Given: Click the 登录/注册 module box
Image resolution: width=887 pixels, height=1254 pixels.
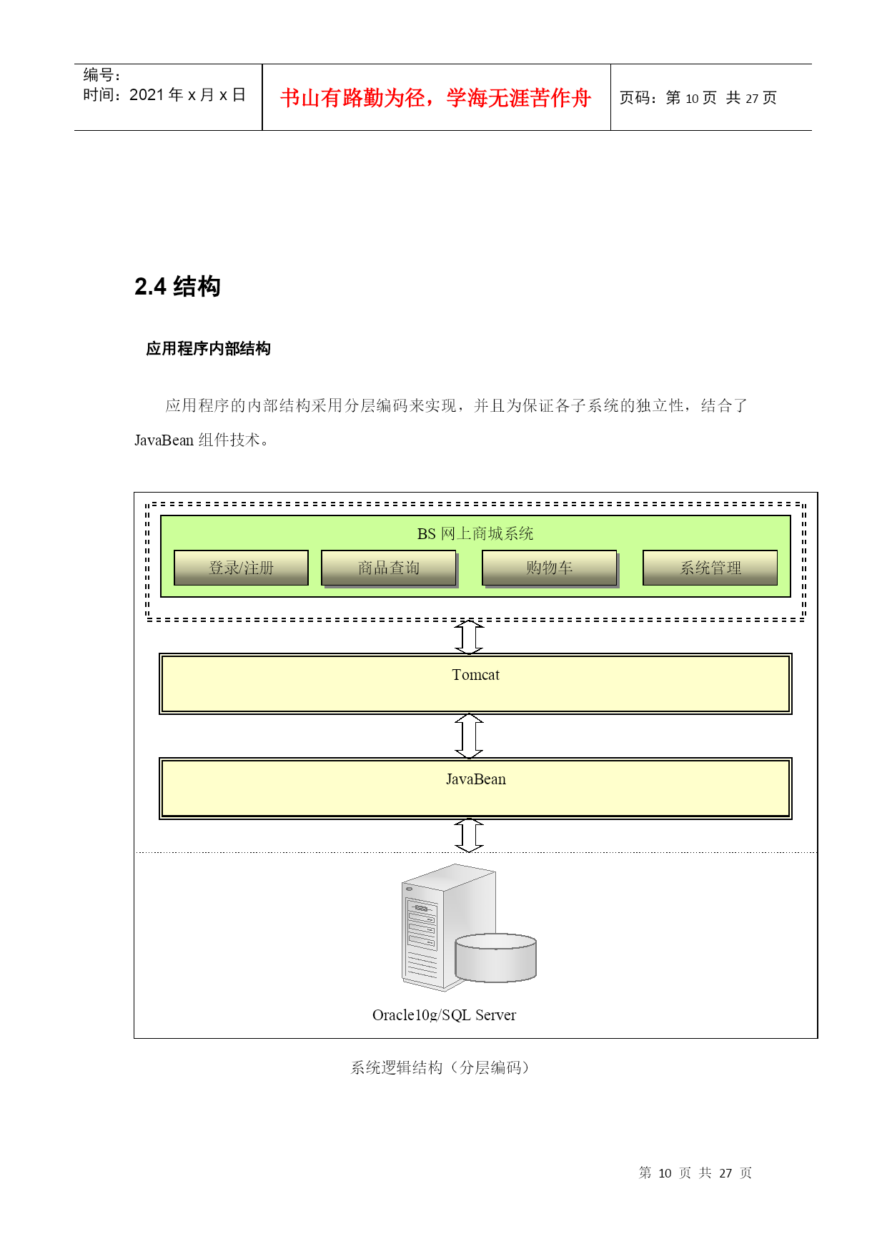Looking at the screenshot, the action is [241, 568].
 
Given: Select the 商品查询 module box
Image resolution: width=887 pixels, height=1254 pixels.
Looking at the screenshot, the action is [389, 568].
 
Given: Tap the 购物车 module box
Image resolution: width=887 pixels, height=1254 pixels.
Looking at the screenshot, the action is [550, 568].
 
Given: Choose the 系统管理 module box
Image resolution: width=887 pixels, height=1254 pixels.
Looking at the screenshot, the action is [710, 568].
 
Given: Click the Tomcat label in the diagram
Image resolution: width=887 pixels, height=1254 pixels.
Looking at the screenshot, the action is [475, 675].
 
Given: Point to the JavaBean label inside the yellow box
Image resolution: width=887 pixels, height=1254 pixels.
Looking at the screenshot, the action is [475, 779].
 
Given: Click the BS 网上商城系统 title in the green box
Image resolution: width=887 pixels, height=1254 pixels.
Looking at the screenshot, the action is [475, 533].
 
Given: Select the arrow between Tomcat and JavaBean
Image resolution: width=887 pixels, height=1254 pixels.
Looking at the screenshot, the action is [469, 736].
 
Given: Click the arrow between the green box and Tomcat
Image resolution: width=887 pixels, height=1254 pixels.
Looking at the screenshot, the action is [469, 636].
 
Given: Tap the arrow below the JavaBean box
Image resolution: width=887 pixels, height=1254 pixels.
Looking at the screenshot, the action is [469, 835].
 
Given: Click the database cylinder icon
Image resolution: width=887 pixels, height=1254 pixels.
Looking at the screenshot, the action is [495, 957].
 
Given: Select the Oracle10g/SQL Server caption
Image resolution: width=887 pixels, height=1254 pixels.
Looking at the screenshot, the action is [444, 1015].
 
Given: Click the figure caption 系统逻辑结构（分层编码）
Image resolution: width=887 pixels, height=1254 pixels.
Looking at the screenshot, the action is [440, 1067].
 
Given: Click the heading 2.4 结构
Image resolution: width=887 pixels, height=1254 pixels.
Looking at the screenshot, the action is [177, 286].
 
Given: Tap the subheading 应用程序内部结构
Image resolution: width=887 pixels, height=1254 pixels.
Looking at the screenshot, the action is [208, 348].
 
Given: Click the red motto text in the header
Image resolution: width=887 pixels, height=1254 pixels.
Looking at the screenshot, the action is [436, 98].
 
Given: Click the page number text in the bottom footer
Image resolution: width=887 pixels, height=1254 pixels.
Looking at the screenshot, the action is [695, 1172].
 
